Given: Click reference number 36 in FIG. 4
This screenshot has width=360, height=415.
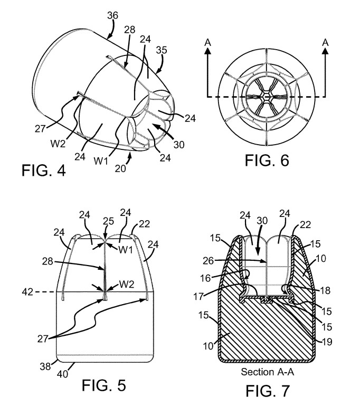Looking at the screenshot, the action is (x=112, y=16).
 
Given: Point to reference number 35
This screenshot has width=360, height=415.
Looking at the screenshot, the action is (x=162, y=50).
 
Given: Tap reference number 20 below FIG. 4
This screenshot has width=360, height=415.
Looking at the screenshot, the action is (x=120, y=168).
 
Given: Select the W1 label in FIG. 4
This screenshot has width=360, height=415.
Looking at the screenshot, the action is (x=101, y=161).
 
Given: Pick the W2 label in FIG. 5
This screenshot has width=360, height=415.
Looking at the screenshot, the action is (x=127, y=284).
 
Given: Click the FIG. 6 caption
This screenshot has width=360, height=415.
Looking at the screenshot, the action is (x=267, y=161).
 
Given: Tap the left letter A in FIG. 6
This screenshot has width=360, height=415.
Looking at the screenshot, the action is (x=208, y=42).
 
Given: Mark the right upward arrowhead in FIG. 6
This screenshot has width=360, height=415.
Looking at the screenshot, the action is (x=325, y=51).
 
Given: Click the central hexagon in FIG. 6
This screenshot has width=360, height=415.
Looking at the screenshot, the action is (x=267, y=97).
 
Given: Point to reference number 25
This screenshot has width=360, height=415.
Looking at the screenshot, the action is (x=108, y=221).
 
